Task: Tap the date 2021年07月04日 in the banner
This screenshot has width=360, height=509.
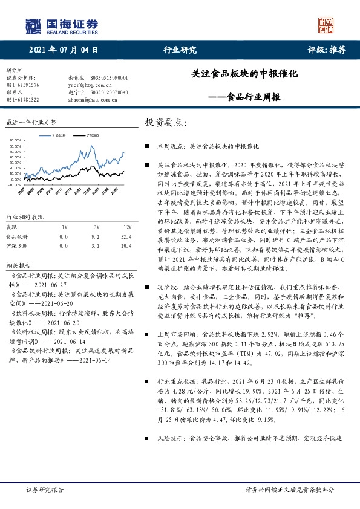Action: [63, 50]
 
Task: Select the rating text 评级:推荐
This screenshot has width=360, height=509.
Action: [326, 50]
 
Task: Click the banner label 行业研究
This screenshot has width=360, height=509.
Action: [180, 50]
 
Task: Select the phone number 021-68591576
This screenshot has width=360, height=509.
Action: [22, 86]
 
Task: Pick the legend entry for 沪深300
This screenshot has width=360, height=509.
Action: [91, 136]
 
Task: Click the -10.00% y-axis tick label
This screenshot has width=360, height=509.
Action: [13, 186]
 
